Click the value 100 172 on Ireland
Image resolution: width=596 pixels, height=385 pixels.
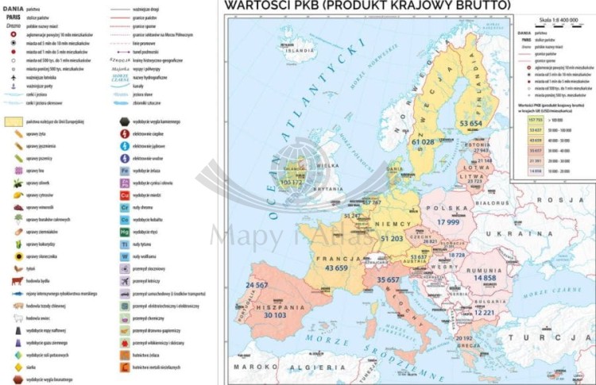point(293,183)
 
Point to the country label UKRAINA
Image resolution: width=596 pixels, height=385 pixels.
point(537,236)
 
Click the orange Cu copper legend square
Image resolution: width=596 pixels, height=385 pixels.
point(125,194)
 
